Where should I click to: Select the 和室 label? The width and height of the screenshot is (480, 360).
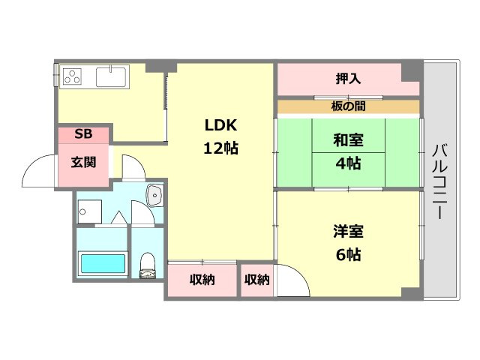[x=348, y=139]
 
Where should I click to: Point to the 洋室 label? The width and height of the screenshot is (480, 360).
[x=348, y=232]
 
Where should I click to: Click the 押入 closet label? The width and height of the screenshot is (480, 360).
[x=348, y=77]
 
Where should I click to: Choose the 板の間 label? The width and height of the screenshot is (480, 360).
[x=348, y=106]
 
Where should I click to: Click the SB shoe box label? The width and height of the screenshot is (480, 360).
[x=83, y=134]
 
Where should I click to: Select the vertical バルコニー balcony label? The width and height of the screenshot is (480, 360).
[x=440, y=181]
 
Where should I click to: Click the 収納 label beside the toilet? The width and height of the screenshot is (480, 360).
[x=202, y=280]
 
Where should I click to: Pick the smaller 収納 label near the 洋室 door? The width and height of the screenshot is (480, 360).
[x=256, y=280]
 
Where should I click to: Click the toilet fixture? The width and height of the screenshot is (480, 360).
[x=148, y=264]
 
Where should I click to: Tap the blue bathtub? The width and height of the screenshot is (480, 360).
[x=102, y=264]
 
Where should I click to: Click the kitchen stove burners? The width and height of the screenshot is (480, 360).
[x=73, y=76]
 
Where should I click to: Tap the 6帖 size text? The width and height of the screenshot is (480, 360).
[x=348, y=255]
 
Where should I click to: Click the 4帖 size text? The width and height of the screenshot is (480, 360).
[x=348, y=162]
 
